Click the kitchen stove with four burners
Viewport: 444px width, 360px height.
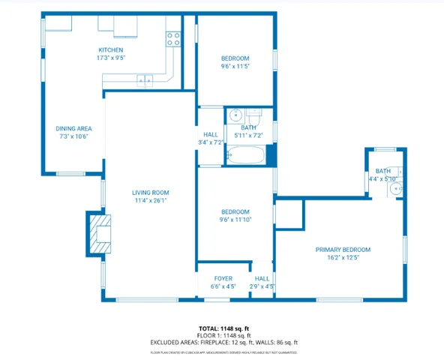(x=173, y=39)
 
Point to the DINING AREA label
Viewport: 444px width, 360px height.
(x=73, y=128)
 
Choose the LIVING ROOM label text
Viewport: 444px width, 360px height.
(x=150, y=192)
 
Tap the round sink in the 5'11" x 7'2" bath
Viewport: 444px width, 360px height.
(x=235, y=115)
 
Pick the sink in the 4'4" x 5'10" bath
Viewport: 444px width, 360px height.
(x=397, y=189)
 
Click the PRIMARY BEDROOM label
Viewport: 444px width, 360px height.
(x=343, y=249)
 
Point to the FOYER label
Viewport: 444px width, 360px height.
(x=223, y=278)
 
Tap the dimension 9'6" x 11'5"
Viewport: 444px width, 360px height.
(x=235, y=66)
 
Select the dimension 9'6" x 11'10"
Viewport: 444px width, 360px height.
(x=235, y=220)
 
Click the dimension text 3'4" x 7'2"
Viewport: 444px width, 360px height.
(x=211, y=142)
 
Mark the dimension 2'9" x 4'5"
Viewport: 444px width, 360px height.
(x=262, y=286)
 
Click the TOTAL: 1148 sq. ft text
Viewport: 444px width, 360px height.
(x=223, y=328)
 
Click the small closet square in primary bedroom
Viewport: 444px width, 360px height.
(x=289, y=214)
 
